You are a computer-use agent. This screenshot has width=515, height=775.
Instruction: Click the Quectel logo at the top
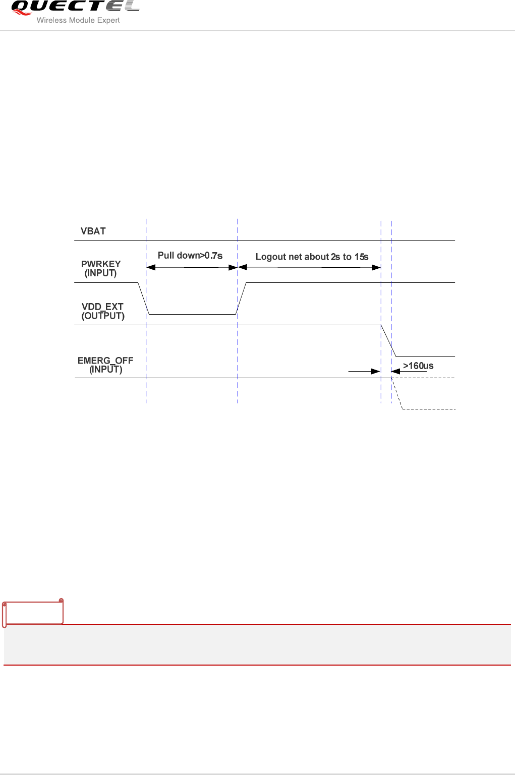tap(75, 7)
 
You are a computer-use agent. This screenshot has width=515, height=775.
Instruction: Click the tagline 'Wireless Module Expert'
tap(78, 20)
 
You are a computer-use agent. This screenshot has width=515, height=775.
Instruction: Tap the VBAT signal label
tap(93, 231)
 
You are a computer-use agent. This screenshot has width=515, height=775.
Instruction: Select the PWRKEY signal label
tap(101, 264)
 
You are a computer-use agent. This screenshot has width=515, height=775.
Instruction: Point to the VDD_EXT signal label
tap(102, 307)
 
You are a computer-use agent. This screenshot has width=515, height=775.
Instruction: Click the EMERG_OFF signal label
tap(105, 361)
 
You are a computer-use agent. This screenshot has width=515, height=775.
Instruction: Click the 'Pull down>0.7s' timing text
tap(190, 256)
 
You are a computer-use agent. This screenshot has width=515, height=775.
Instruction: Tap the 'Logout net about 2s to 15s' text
tap(312, 257)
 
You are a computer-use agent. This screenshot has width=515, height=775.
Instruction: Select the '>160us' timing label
tap(418, 366)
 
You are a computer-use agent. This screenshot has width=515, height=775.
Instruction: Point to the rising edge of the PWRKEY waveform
tap(242, 299)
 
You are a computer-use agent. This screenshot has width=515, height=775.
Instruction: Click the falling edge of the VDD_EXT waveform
tap(388, 341)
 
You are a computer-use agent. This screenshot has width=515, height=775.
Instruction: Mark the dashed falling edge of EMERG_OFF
tap(397, 394)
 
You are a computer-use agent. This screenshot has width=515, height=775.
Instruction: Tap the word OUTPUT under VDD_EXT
tap(103, 316)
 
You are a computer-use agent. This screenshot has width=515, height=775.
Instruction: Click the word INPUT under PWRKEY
tap(100, 273)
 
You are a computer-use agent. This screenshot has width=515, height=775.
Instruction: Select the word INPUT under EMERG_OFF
tap(106, 370)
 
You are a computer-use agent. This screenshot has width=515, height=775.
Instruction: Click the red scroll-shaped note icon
tap(33, 613)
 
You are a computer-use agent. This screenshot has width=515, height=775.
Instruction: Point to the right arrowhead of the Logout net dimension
tap(376, 267)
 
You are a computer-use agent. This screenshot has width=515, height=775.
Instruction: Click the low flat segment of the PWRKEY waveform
tap(192, 314)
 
